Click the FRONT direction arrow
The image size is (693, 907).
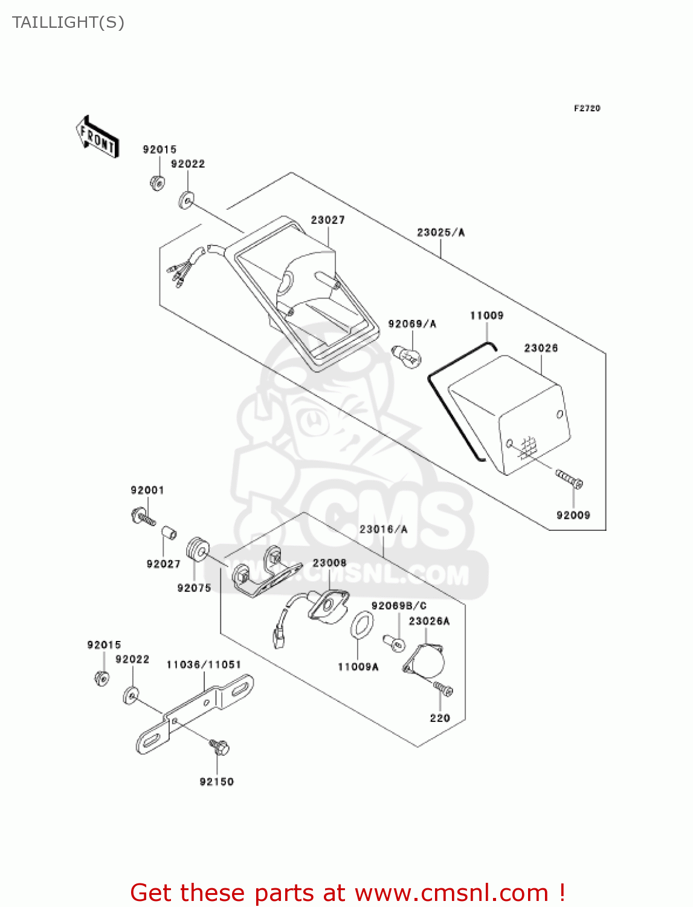point(97,137)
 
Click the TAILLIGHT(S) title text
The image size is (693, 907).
point(68,22)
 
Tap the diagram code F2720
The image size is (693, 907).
point(587,108)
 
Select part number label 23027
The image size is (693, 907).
point(327,220)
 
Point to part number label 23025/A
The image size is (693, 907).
point(440,232)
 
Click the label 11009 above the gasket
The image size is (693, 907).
point(486,315)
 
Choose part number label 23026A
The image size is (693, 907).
point(429,621)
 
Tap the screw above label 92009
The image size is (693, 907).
point(569,480)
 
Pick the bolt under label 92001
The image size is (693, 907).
point(142,518)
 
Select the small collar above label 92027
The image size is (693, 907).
point(169,533)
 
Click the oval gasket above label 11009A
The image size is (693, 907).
point(361,625)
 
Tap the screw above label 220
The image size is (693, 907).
point(443,688)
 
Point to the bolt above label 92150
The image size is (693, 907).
point(219,747)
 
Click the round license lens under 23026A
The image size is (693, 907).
point(425,661)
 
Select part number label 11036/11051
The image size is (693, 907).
point(204,665)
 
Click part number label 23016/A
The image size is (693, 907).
point(383,529)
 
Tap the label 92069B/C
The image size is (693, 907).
point(399,605)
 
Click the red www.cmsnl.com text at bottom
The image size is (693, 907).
point(451,892)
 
